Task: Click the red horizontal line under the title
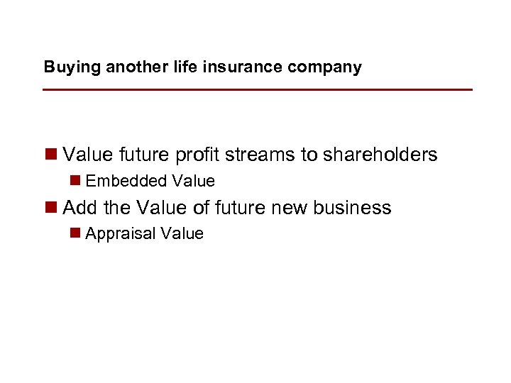[x=257, y=90]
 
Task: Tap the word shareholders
[x=380, y=155]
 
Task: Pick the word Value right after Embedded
[x=192, y=182]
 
